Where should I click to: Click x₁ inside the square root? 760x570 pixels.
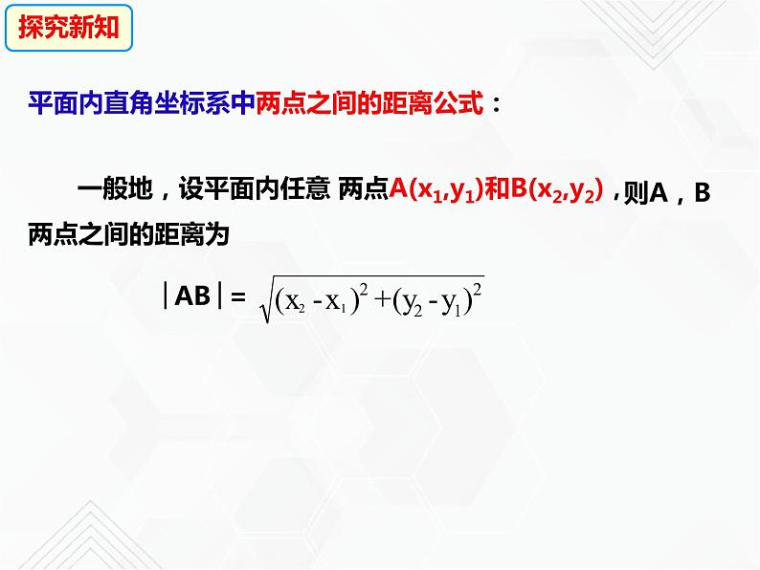[x=331, y=303]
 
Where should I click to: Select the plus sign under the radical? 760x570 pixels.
[x=375, y=302]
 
